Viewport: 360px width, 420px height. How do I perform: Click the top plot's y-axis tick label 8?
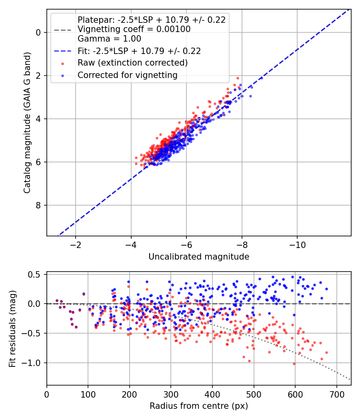[38, 205]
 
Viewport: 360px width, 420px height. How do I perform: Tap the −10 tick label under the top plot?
[297, 245]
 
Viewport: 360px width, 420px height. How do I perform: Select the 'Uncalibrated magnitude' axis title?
[199, 257]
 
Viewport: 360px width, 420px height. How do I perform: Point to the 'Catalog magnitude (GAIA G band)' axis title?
[27, 123]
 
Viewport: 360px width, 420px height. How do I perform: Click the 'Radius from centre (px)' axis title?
[199, 406]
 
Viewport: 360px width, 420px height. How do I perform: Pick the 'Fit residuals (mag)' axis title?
[12, 329]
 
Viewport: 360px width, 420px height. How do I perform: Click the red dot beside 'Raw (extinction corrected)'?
[62, 64]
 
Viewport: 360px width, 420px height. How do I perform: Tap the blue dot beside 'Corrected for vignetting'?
[62, 76]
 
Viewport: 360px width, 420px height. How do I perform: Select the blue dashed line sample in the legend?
[62, 51]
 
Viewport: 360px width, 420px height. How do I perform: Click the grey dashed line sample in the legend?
[62, 30]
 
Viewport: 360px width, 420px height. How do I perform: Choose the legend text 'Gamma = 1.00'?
[109, 39]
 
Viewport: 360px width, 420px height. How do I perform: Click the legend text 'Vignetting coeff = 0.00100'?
[134, 29]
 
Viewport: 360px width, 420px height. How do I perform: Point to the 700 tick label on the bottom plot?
[337, 394]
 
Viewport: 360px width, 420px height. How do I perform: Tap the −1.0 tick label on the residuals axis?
[29, 363]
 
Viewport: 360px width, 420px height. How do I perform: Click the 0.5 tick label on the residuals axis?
[34, 274]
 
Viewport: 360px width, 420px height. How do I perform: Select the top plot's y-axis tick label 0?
[38, 32]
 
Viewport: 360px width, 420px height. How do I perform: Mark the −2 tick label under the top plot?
[75, 245]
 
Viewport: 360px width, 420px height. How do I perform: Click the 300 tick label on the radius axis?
[171, 394]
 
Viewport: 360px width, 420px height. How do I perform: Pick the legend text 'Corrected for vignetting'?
[128, 75]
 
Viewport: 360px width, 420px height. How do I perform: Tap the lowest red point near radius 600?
[294, 364]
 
